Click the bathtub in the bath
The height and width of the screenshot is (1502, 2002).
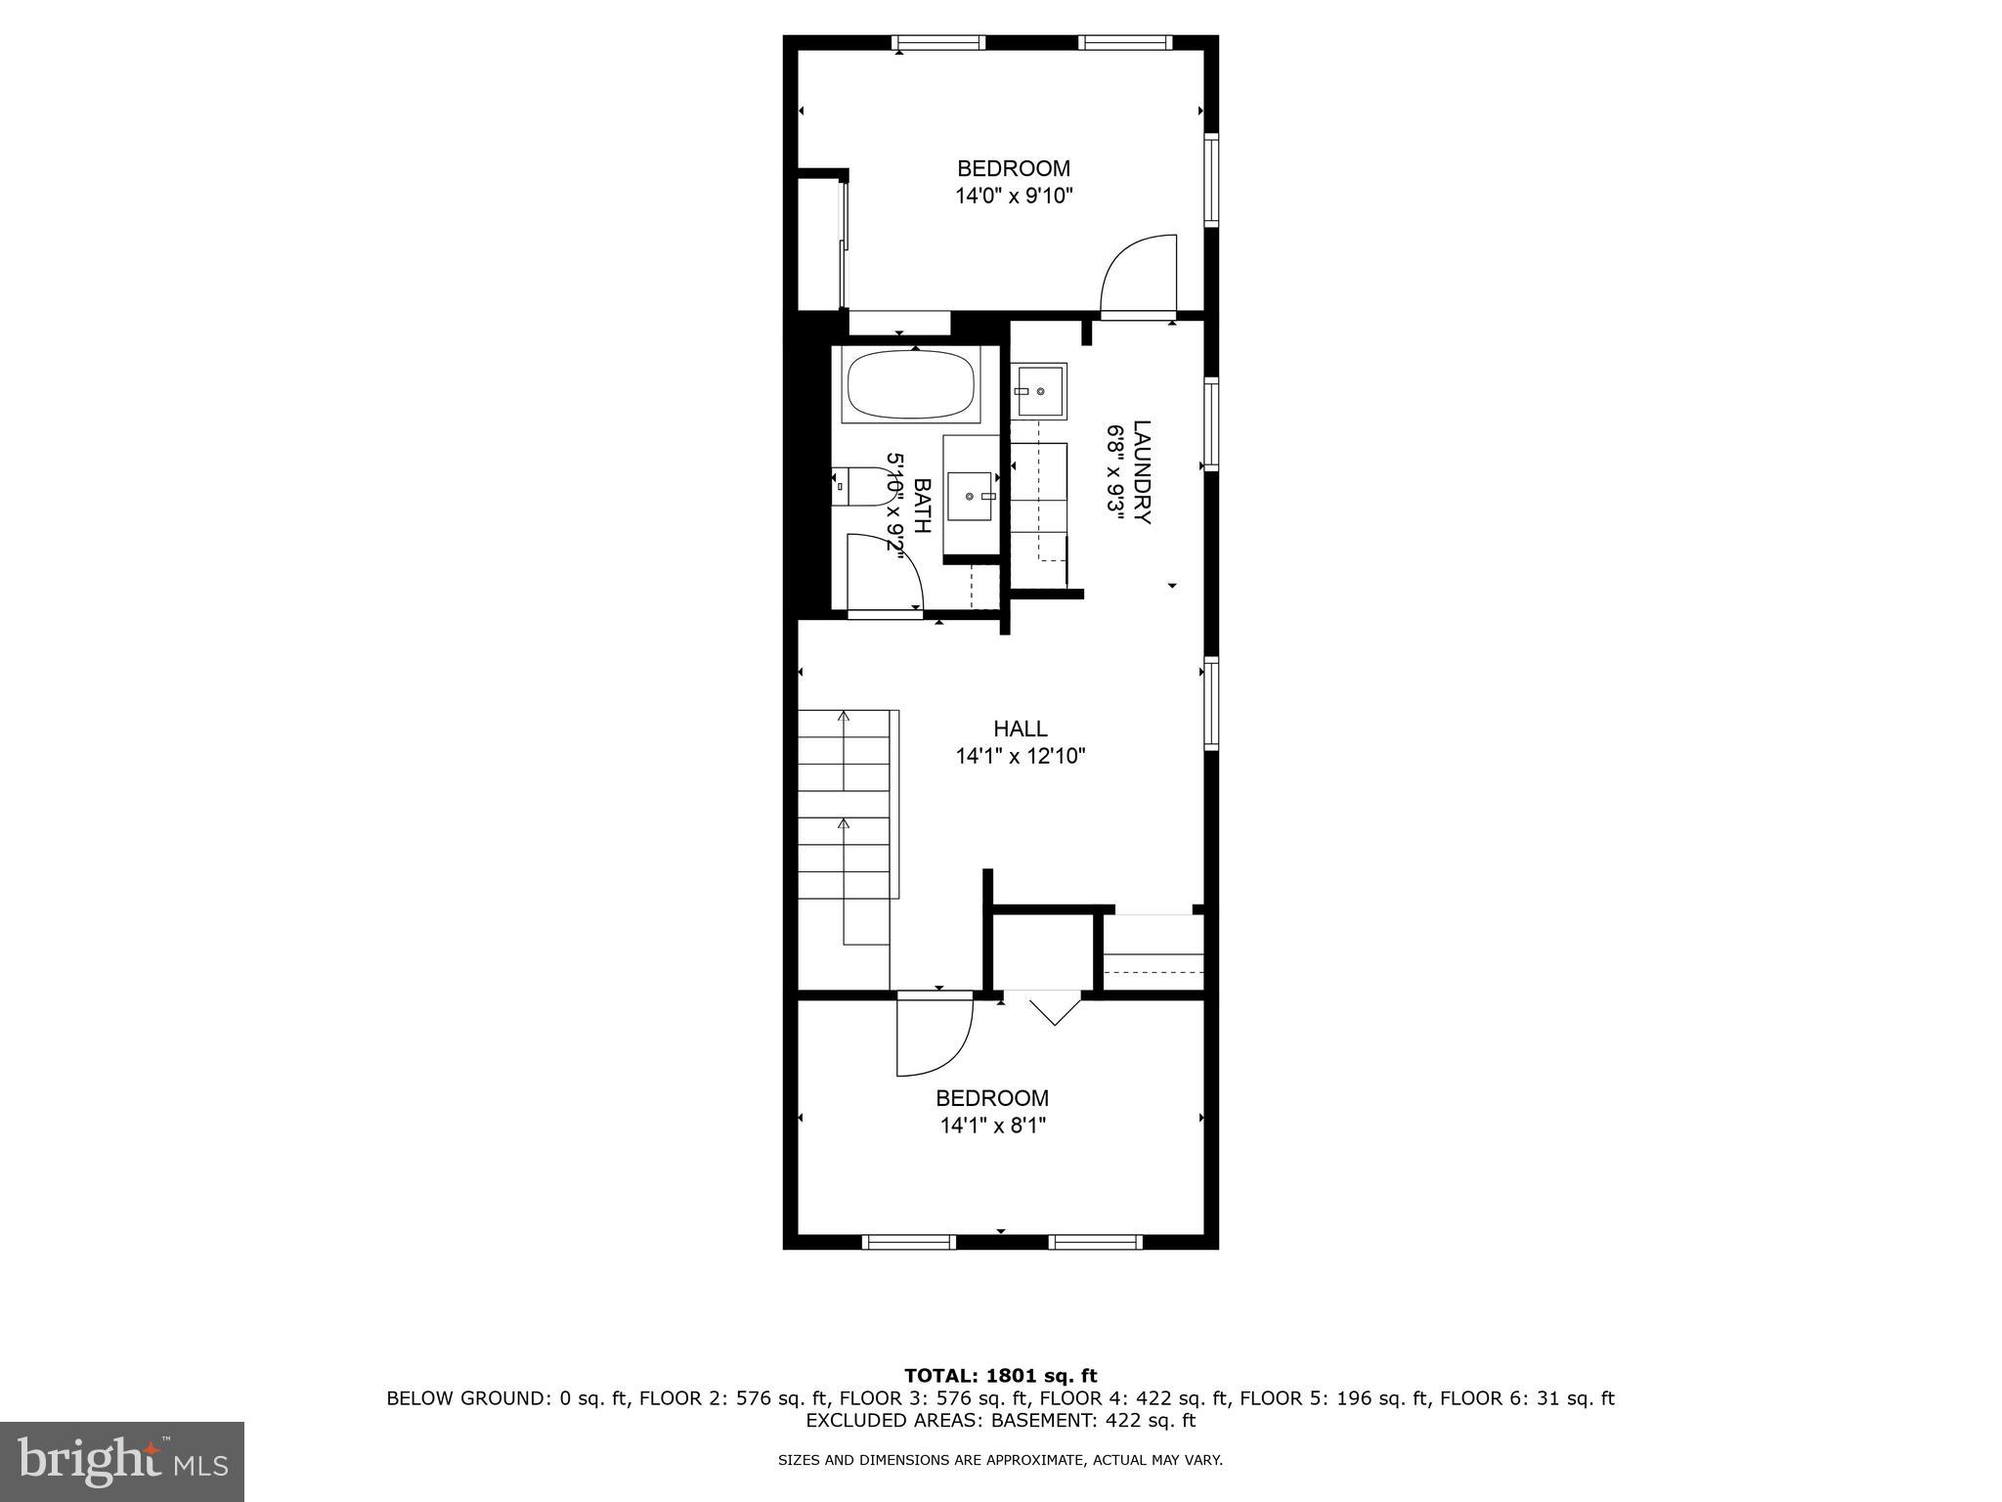911,384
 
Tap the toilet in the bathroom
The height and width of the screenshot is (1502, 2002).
857,486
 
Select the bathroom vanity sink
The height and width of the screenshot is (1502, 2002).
971,497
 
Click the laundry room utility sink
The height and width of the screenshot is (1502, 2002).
1038,391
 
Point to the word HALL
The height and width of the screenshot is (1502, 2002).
1020,729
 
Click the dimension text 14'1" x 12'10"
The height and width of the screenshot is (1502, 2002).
1020,756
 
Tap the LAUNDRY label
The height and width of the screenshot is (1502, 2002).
1142,471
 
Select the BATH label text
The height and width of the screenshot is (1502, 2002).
921,506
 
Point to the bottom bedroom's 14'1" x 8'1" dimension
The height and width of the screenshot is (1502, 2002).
992,1126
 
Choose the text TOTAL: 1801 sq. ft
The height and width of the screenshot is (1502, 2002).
1000,1377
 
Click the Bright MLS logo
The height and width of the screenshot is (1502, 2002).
122,1461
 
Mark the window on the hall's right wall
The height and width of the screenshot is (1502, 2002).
1211,705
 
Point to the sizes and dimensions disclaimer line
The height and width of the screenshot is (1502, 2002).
1000,1460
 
